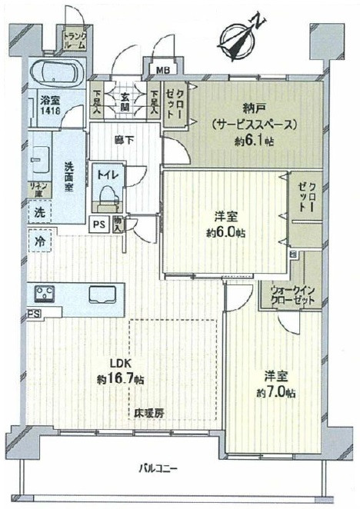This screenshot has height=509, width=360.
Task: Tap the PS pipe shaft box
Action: click(x=99, y=225)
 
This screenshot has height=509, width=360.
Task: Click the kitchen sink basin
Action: click(x=103, y=294)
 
